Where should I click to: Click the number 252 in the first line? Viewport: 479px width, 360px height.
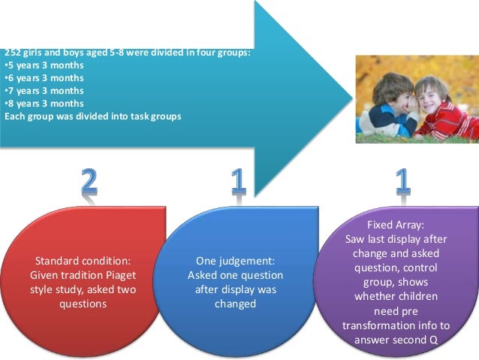click(12, 53)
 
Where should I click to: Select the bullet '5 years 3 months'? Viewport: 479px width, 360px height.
click(44, 65)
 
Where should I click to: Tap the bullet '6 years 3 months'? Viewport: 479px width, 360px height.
click(44, 78)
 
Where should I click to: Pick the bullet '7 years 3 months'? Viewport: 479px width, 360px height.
click(44, 91)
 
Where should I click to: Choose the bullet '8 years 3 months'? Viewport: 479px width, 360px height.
click(44, 104)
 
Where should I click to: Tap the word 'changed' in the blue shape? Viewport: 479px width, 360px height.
click(236, 304)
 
